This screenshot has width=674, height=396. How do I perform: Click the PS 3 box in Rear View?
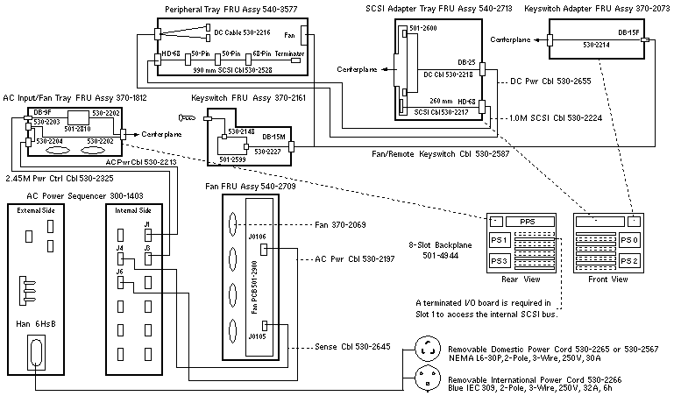500,261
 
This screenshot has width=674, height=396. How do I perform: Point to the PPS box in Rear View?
527,222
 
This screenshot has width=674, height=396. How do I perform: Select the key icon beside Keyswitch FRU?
185,115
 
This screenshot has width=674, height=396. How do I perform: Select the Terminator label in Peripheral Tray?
289,53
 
